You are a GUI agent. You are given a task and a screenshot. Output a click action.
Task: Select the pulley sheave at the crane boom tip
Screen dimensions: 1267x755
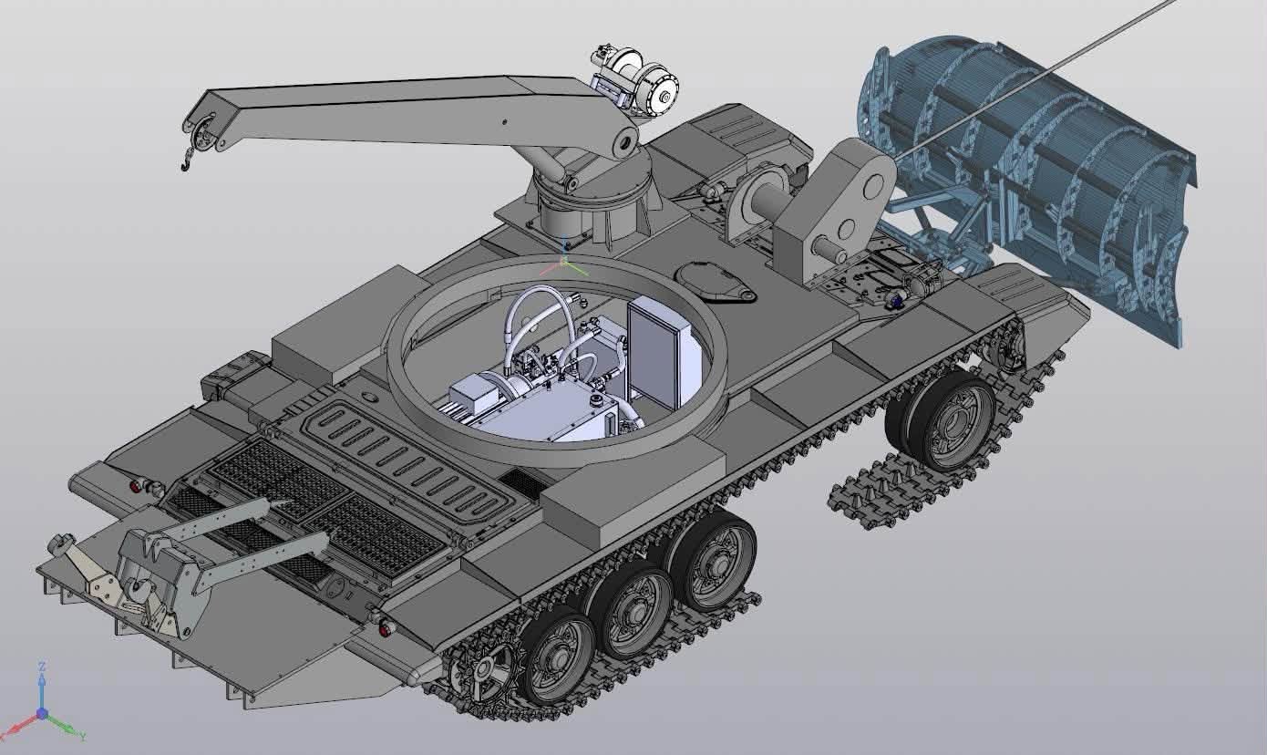click(202, 135)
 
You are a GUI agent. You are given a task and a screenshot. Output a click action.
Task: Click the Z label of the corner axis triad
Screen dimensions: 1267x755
click(41, 667)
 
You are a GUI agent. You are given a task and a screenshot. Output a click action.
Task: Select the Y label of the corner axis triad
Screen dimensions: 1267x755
click(82, 737)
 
